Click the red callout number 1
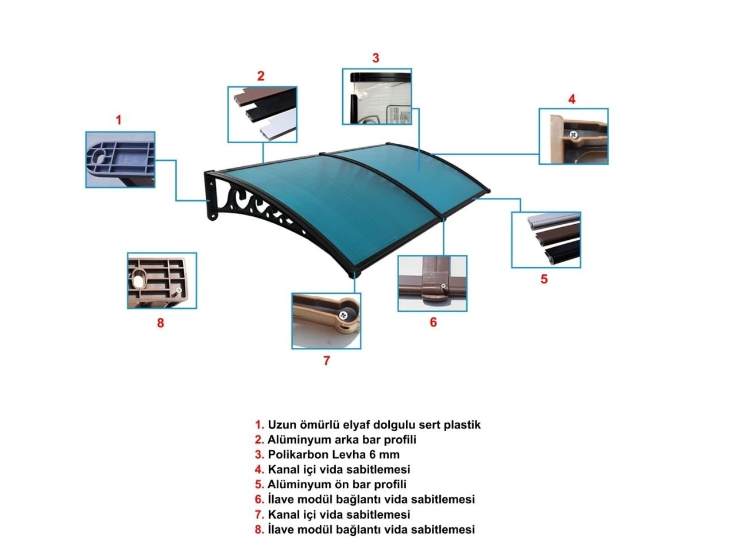118,120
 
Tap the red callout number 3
376,58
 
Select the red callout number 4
572,99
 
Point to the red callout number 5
544,279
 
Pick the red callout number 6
434,322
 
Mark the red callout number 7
327,361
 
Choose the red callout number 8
160,323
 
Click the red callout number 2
261,76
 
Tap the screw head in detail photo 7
343,315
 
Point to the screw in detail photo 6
443,287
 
